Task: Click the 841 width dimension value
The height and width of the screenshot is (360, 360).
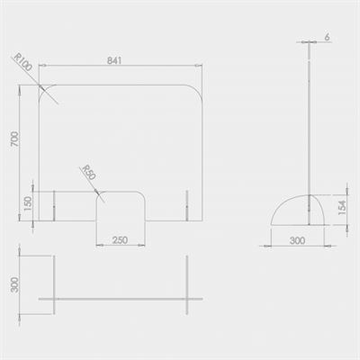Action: coord(114,60)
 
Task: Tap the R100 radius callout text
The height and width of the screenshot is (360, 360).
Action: coord(23,62)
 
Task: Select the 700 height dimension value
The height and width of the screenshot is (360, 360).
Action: coord(15,139)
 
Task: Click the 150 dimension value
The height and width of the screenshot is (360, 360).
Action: coord(28,203)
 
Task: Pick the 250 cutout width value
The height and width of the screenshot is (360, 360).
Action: coord(120,240)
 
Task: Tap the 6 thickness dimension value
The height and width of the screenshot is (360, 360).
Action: coord(327,37)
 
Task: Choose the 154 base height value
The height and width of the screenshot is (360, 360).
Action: coord(342,208)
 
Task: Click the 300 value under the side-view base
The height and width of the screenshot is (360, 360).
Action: coord(297,240)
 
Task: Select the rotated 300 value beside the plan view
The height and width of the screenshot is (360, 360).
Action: coord(14,284)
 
